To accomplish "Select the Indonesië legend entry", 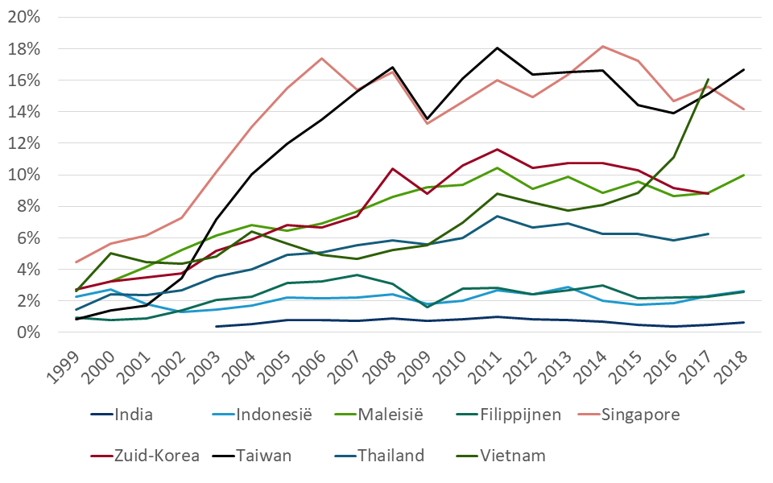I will [274, 415].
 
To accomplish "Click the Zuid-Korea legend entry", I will [158, 456].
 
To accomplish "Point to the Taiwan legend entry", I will [264, 456].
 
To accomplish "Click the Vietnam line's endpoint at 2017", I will [707, 79].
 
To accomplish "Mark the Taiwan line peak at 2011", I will [498, 47].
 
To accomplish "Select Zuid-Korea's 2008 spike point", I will [393, 168].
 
